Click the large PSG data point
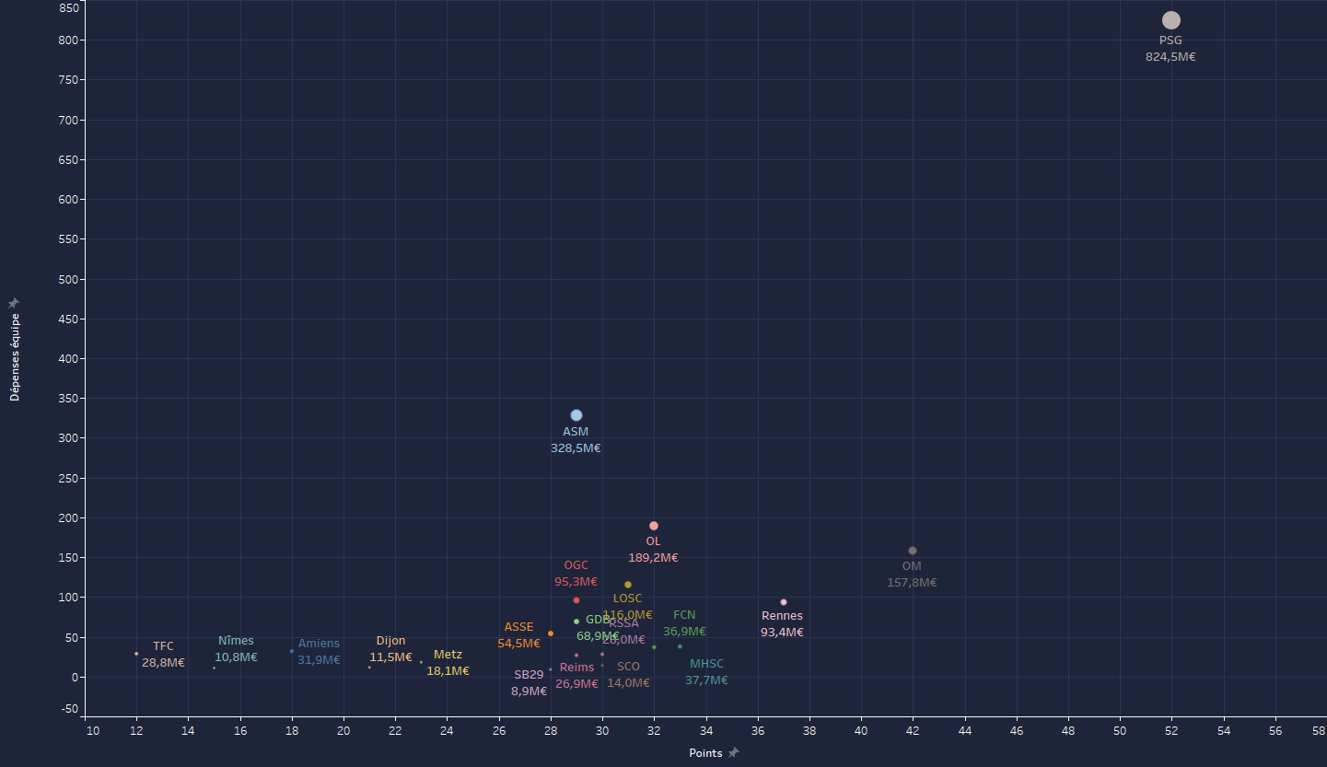tap(1170, 20)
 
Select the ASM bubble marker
tap(576, 415)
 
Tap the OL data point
tap(654, 526)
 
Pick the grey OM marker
tap(913, 551)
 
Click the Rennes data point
tap(784, 602)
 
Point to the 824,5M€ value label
tap(1170, 57)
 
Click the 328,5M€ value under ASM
tap(576, 448)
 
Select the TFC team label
tap(163, 646)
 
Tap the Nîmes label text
tap(236, 641)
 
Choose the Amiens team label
tap(319, 644)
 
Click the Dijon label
tap(390, 641)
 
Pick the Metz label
tap(448, 655)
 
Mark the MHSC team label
tap(706, 664)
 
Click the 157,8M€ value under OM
tap(912, 583)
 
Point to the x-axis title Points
tap(705, 753)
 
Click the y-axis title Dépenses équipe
tap(15, 357)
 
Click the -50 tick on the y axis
tap(70, 709)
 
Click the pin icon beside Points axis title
tap(734, 753)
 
